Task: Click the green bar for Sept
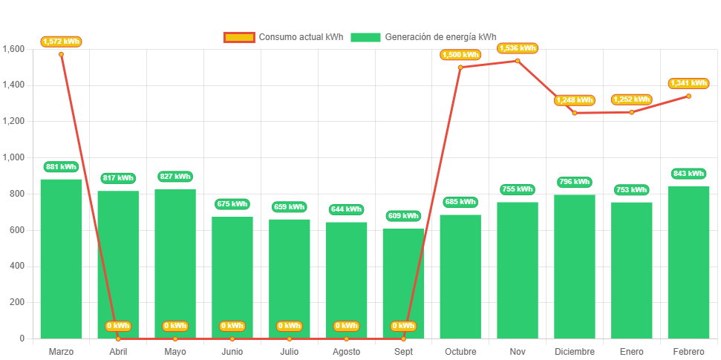click(x=403, y=283)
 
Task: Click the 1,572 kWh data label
click(x=61, y=42)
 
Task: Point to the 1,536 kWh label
click(x=518, y=48)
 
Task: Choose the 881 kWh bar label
click(x=61, y=167)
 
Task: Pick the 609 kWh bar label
click(x=403, y=216)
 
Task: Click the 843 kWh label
click(x=688, y=174)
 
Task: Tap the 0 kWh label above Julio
click(x=289, y=326)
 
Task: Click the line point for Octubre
click(x=460, y=68)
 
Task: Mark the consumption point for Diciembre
click(x=575, y=113)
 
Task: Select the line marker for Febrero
click(x=688, y=96)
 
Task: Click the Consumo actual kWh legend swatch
click(x=239, y=37)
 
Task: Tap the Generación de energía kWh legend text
click(x=440, y=37)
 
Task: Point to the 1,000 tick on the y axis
click(x=14, y=157)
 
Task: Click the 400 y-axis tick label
click(x=16, y=266)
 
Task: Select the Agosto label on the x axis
click(x=346, y=351)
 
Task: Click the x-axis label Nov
click(x=518, y=351)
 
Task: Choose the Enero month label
click(x=631, y=351)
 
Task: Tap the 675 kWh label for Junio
click(x=232, y=204)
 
